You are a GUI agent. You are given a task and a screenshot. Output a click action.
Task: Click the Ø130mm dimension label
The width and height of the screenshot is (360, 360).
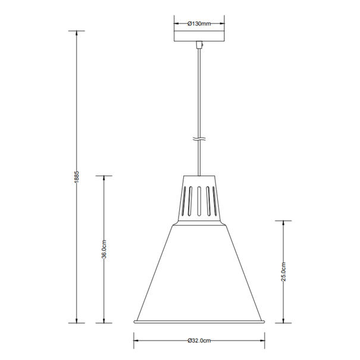point(199,23)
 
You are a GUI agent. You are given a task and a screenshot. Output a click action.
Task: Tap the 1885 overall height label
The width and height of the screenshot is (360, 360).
point(77,177)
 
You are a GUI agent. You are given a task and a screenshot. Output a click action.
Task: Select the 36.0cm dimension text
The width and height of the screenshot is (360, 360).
point(104,249)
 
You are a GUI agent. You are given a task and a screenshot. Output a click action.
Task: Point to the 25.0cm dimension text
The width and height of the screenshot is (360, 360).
point(284,272)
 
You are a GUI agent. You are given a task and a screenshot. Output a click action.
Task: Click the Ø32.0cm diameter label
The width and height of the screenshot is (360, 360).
point(199,340)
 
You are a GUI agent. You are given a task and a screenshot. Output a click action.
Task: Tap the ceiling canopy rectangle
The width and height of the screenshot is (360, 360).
point(199,36)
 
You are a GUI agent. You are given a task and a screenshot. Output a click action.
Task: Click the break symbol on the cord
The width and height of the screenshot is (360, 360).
point(199,139)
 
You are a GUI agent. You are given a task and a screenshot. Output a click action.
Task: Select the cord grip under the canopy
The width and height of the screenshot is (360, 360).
point(199,45)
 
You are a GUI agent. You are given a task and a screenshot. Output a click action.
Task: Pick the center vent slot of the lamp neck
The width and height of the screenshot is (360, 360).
point(199,201)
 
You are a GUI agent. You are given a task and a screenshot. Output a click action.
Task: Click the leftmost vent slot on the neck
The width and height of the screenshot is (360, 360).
point(183,201)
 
